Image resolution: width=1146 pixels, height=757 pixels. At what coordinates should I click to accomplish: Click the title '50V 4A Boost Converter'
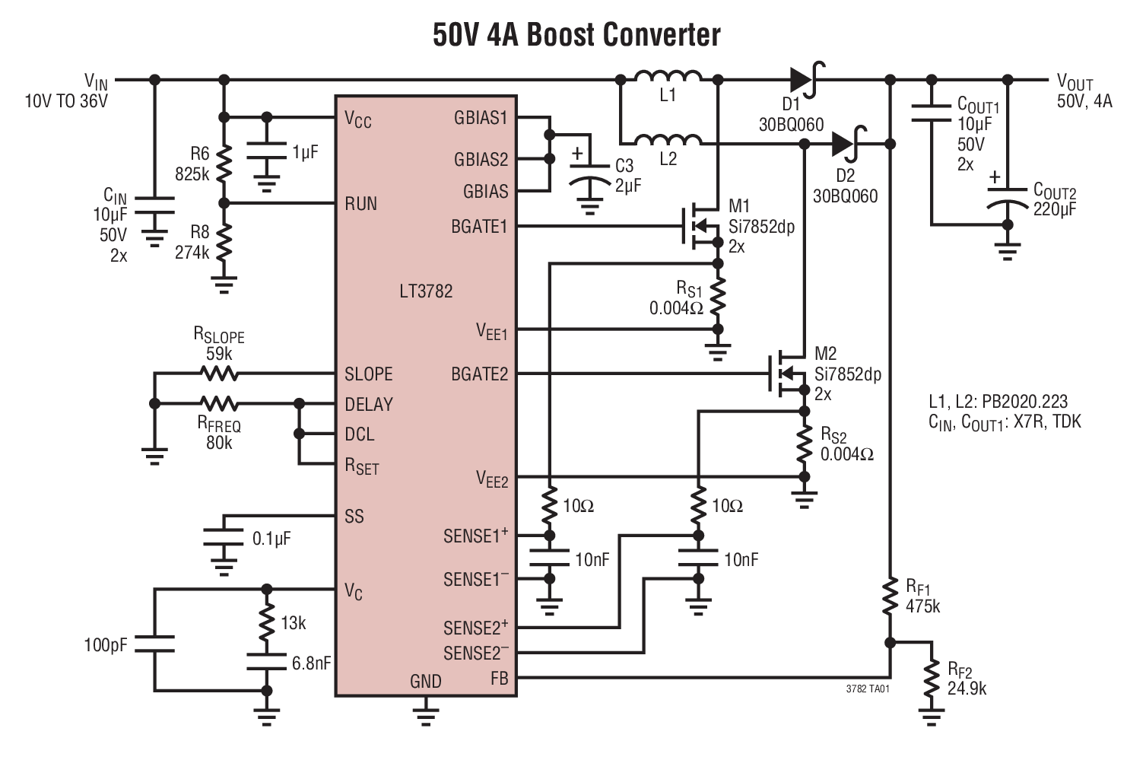(x=576, y=34)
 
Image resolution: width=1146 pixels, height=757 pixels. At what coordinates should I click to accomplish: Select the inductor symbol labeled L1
(x=668, y=77)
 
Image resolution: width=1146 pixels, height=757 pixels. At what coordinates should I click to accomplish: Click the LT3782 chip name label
(x=426, y=291)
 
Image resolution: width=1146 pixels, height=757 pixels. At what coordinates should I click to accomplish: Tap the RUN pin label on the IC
(x=360, y=204)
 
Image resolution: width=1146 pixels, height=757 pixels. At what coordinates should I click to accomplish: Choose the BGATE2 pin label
(x=479, y=374)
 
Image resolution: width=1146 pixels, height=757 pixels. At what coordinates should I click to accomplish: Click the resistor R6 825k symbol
(x=224, y=161)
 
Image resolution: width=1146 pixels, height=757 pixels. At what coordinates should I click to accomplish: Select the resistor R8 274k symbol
(x=224, y=242)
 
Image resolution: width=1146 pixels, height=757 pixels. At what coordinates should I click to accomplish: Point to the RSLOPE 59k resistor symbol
(x=219, y=374)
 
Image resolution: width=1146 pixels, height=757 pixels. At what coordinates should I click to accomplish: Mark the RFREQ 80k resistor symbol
(x=219, y=403)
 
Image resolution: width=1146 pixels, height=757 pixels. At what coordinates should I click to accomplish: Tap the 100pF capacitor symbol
(x=155, y=644)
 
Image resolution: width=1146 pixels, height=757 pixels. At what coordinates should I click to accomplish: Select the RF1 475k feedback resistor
(x=890, y=597)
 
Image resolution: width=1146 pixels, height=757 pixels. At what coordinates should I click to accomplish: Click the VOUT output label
(x=1075, y=83)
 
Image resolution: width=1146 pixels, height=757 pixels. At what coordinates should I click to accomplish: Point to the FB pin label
(x=499, y=678)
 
